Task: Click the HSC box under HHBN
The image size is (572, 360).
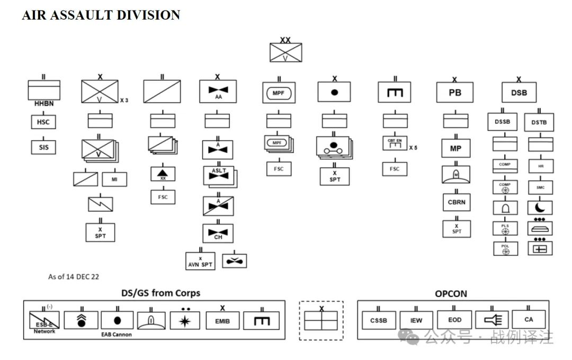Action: coord(43,122)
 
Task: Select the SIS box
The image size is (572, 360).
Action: coord(43,148)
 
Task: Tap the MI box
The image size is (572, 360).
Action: coord(114,179)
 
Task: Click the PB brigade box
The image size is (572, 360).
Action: coord(454,93)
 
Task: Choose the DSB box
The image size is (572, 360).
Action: coord(519,93)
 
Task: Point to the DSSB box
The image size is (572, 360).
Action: coord(502,122)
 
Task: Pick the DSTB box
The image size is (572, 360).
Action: coord(539,122)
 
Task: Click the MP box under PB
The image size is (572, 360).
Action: coord(455,149)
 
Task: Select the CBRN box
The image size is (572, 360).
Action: coord(456,202)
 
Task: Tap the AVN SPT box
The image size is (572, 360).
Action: coord(200,261)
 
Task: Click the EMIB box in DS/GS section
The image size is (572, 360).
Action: coord(222,321)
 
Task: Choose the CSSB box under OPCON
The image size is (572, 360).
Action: coord(378,320)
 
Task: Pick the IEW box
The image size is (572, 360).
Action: coord(416,320)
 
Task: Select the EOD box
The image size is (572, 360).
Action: coord(454,320)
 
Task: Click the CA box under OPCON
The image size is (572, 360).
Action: coord(529,319)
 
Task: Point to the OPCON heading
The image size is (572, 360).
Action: coord(451,293)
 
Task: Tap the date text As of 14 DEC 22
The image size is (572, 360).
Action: coord(74,276)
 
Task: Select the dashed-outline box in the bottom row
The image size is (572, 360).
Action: coord(321,321)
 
